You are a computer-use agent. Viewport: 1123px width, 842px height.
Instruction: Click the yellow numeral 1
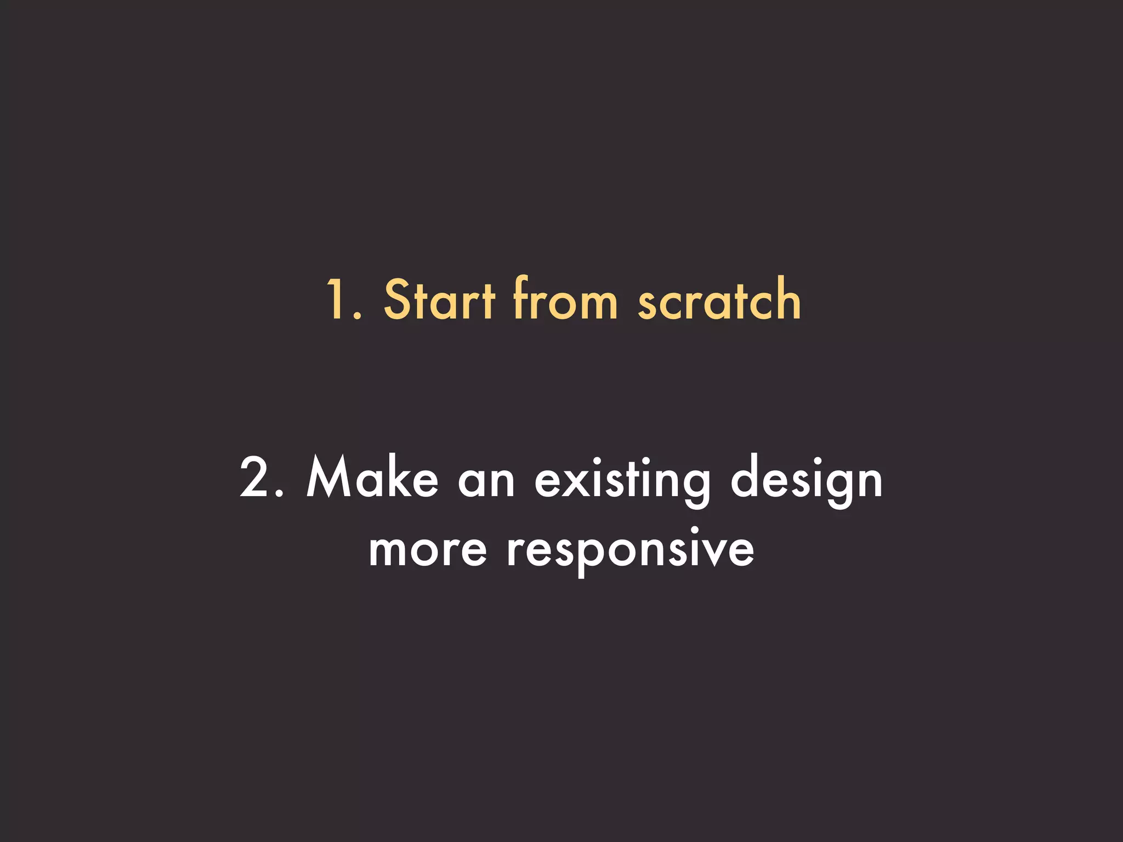click(336, 299)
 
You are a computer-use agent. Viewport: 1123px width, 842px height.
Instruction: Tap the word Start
click(439, 299)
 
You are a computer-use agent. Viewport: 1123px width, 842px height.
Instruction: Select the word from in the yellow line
click(565, 299)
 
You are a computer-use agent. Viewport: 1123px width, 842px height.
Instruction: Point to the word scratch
click(719, 299)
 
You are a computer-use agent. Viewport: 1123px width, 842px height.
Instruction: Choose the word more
click(428, 551)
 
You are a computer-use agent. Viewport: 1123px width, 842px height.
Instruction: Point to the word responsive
click(631, 551)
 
